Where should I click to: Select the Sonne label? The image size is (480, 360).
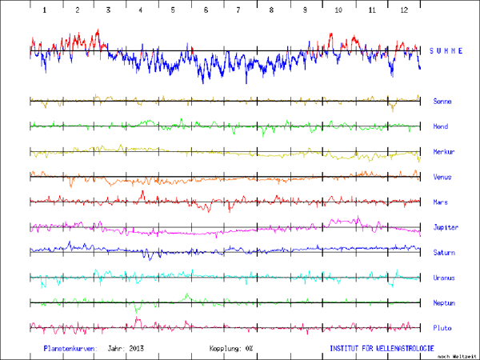(442, 102)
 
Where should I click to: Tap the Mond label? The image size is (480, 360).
(441, 126)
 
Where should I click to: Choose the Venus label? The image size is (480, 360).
(442, 177)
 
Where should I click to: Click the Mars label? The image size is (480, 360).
(441, 202)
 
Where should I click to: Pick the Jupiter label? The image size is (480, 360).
(445, 227)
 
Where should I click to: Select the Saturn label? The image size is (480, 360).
(444, 253)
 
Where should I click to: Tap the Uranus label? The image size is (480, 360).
(444, 278)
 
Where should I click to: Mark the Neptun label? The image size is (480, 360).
(444, 303)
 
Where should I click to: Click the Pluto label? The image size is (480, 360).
(442, 328)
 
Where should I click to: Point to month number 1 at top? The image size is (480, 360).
(45, 10)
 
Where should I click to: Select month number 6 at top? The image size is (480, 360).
(206, 10)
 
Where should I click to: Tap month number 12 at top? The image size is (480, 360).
(405, 10)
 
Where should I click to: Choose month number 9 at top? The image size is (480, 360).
(304, 10)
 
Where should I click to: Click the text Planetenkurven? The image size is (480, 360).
(70, 349)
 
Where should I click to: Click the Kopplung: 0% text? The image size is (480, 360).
(231, 349)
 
